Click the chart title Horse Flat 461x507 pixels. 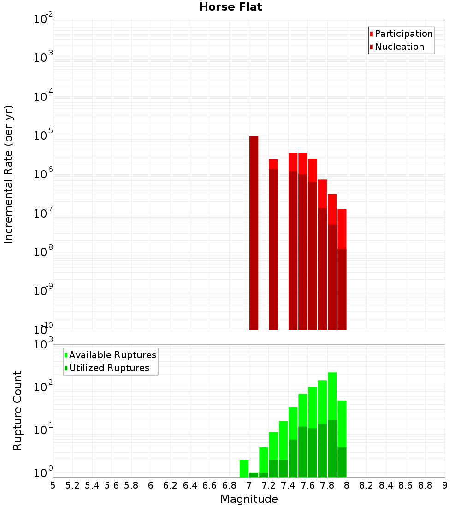click(x=230, y=7)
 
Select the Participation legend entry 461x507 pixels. click(x=401, y=34)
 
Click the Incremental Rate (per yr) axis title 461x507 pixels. click(x=8, y=174)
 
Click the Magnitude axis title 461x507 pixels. click(x=249, y=499)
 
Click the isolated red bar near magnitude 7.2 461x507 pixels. click(x=273, y=244)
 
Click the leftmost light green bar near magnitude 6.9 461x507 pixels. click(x=244, y=468)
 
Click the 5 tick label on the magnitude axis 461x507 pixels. click(x=53, y=485)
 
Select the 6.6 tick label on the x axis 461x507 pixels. click(x=210, y=485)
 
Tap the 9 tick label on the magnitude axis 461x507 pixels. click(x=445, y=485)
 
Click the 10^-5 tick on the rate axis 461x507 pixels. click(x=43, y=136)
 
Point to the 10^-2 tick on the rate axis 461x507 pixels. click(x=43, y=19)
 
